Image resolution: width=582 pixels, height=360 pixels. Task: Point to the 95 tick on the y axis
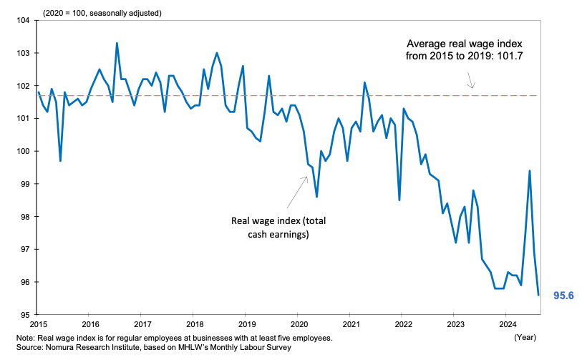(x=23, y=315)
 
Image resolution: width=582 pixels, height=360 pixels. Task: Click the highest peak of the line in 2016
(x=117, y=44)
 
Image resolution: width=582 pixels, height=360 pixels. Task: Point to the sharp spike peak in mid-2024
(x=529, y=170)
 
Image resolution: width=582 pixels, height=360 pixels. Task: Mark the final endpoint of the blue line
(x=538, y=295)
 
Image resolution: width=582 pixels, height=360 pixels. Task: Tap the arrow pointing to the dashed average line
(x=472, y=84)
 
